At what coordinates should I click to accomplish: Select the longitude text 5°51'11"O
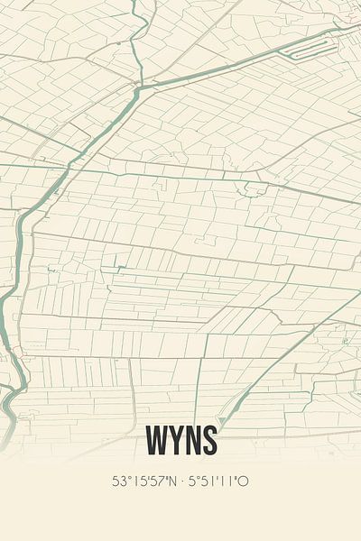pyautogui.click(x=219, y=481)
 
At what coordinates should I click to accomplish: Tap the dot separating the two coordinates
pyautogui.click(x=183, y=481)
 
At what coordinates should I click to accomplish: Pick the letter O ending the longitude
pyautogui.click(x=244, y=481)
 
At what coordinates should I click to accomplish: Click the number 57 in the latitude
pyautogui.click(x=157, y=481)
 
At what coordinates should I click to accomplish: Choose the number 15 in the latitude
pyautogui.click(x=138, y=481)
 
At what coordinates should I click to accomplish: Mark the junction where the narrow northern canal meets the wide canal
pyautogui.click(x=140, y=87)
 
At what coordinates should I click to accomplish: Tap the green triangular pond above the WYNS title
pyautogui.click(x=222, y=420)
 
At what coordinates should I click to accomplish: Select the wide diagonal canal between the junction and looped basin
pyautogui.click(x=226, y=66)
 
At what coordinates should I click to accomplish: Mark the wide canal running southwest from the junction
pyautogui.click(x=81, y=153)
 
